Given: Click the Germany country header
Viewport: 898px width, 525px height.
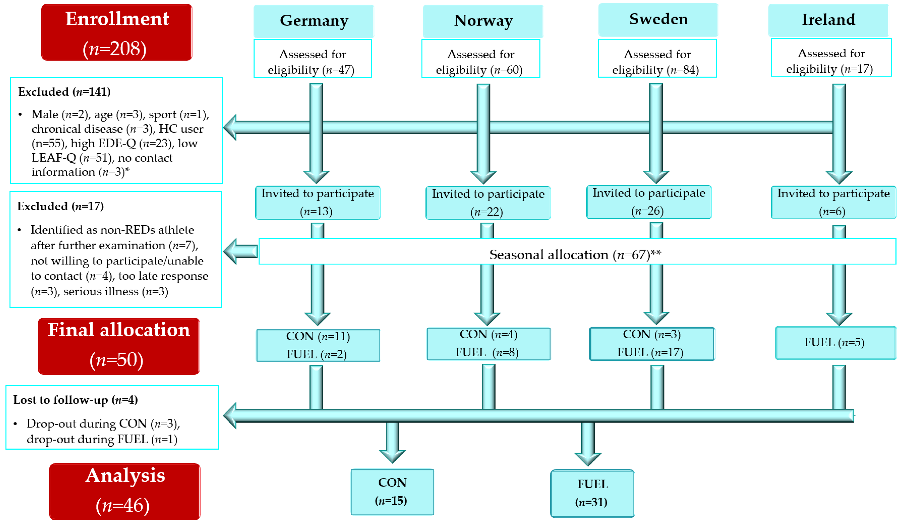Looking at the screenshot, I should [313, 21].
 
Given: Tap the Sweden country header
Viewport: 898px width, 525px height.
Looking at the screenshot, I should [658, 19].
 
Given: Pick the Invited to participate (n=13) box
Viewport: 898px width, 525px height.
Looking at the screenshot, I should [318, 202].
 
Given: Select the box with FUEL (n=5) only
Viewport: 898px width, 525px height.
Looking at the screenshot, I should [835, 342].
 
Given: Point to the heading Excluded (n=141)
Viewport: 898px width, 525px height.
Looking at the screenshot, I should [64, 92].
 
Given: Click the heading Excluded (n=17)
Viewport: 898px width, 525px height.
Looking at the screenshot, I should [61, 206].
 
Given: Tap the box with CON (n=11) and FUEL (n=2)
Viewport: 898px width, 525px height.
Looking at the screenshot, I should [318, 345].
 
